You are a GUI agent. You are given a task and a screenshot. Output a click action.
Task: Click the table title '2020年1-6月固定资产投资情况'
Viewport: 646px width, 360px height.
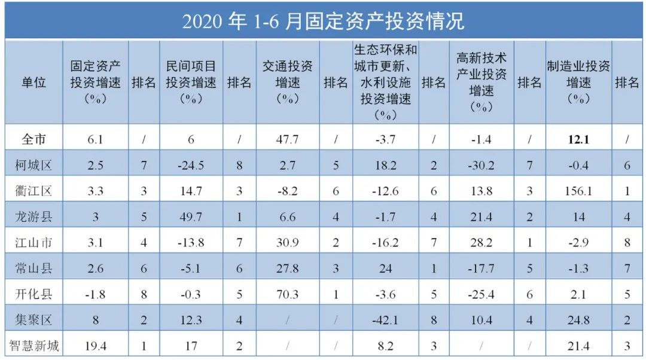tap(323, 21)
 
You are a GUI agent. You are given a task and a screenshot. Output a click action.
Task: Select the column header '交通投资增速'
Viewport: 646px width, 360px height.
tap(287, 82)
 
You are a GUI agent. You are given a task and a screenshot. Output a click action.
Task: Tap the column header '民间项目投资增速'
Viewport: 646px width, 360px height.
tap(191, 82)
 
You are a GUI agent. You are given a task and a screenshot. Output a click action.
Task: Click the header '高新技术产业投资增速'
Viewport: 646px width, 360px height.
tap(482, 82)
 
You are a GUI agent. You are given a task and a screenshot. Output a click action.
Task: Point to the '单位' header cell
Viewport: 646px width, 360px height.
tap(34, 83)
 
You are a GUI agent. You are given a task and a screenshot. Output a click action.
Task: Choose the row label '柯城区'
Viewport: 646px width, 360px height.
tap(34, 165)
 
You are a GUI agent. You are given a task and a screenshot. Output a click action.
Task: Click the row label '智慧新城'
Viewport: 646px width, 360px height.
tap(34, 345)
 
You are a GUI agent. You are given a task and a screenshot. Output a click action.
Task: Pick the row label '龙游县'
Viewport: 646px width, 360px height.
tap(34, 216)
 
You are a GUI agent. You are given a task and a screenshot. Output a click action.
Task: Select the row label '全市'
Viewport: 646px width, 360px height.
tap(34, 140)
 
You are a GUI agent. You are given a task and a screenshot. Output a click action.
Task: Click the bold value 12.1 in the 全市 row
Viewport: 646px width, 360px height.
tap(578, 140)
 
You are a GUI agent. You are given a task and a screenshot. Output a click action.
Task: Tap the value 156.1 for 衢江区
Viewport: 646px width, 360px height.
tap(578, 191)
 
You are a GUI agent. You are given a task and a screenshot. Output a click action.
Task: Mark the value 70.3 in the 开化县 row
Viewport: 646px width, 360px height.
tap(287, 294)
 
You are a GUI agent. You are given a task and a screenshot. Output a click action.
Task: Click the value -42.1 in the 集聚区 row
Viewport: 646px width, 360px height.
tap(385, 319)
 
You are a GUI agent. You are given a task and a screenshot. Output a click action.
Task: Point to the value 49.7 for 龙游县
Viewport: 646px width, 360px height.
tap(191, 216)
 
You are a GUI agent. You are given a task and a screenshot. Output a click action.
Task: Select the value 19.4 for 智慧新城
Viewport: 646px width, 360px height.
tap(96, 345)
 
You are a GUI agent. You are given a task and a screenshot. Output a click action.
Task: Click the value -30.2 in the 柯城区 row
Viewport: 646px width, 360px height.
tap(482, 165)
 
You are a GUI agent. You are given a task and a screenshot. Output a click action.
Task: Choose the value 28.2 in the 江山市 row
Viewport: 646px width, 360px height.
tap(482, 242)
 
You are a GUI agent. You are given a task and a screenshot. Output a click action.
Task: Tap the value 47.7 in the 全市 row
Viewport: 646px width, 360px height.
tap(287, 140)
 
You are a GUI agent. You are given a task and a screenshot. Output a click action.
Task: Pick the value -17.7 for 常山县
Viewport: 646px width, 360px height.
tap(482, 268)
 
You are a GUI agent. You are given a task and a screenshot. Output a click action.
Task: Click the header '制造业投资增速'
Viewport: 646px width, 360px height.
tap(578, 82)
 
